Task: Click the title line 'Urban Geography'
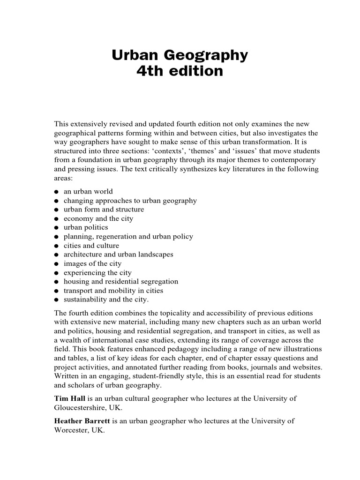coord(180,56)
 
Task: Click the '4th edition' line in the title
coord(180,72)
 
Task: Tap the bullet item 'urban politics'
coord(86,228)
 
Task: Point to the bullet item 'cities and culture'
coord(91,246)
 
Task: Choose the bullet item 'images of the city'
coord(92,264)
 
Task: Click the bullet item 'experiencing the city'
coord(97,273)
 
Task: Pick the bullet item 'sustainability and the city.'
coord(106,300)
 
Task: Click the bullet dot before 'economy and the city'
coord(56,219)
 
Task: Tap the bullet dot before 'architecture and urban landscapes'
coord(56,255)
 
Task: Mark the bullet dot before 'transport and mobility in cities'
coord(56,291)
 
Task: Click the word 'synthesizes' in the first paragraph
coord(168,169)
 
